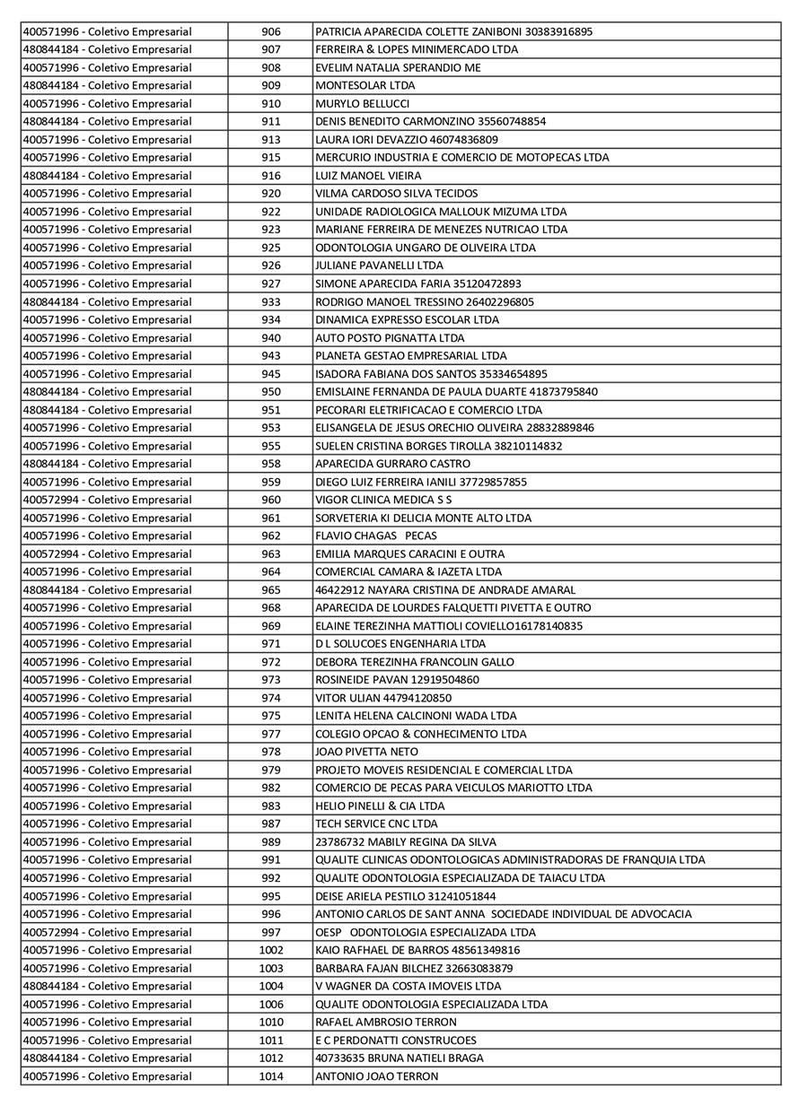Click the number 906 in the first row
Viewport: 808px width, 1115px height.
(271, 32)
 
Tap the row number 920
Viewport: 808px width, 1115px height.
(271, 194)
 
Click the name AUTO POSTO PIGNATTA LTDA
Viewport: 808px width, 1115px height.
(390, 338)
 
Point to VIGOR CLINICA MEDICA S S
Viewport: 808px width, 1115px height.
(383, 500)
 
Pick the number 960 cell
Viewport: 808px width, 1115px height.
(271, 500)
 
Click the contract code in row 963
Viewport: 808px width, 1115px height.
(107, 554)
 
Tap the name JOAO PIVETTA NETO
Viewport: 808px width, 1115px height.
(366, 752)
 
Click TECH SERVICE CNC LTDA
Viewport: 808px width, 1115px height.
(376, 823)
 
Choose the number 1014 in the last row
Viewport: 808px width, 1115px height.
(271, 1076)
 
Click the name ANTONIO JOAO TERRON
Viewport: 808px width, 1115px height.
(377, 1076)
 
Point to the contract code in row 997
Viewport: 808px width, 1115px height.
(107, 932)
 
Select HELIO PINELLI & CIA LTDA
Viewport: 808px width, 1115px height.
(380, 806)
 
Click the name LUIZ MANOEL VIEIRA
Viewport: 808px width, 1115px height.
(368, 176)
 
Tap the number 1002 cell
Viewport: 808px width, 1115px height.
(271, 950)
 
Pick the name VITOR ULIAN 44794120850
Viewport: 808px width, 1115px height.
(383, 698)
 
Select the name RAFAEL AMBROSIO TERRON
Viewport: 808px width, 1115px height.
(386, 1022)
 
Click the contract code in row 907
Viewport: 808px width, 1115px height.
(107, 49)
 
